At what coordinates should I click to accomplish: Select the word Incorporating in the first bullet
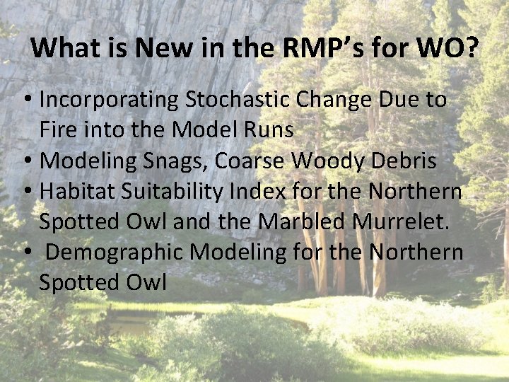click(110, 100)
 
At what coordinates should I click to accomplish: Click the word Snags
click(173, 161)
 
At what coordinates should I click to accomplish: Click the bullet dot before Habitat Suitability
click(29, 192)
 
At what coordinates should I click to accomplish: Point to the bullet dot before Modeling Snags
click(29, 161)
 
